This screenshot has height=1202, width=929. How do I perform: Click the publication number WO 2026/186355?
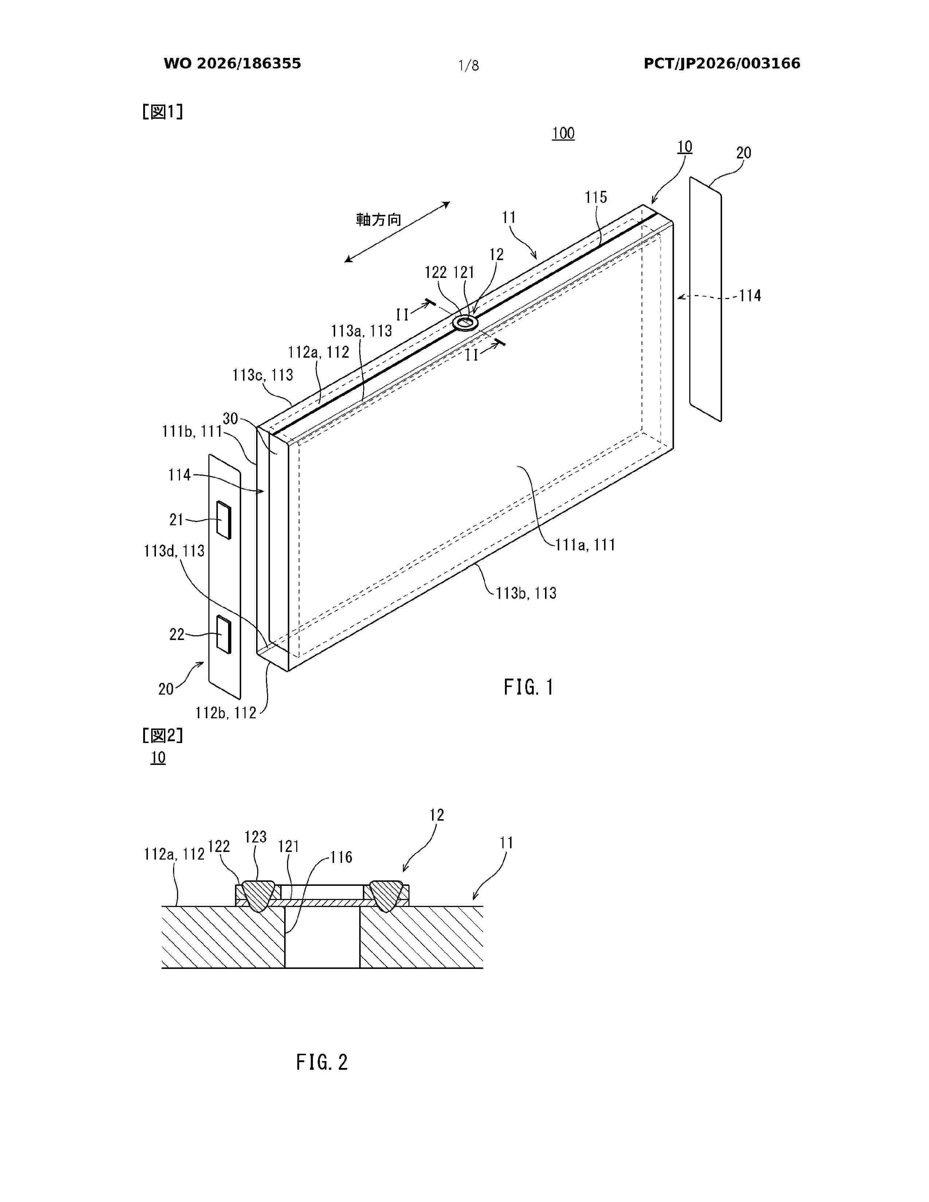(232, 63)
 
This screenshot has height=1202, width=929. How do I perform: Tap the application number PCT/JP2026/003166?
(722, 63)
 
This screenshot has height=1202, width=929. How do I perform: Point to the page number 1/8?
(469, 66)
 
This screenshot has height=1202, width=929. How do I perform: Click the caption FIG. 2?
(322, 1062)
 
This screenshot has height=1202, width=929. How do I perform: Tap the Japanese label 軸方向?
(379, 220)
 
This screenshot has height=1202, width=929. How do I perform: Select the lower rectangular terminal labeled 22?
(223, 635)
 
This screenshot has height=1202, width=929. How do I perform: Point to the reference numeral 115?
(596, 197)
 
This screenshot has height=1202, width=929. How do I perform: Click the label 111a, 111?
(585, 545)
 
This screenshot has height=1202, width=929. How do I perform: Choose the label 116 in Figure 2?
(341, 857)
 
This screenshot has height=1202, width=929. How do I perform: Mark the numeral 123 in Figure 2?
(255, 837)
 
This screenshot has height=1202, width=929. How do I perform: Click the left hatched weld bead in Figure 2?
(258, 895)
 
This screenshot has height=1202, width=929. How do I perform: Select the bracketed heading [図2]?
(162, 735)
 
